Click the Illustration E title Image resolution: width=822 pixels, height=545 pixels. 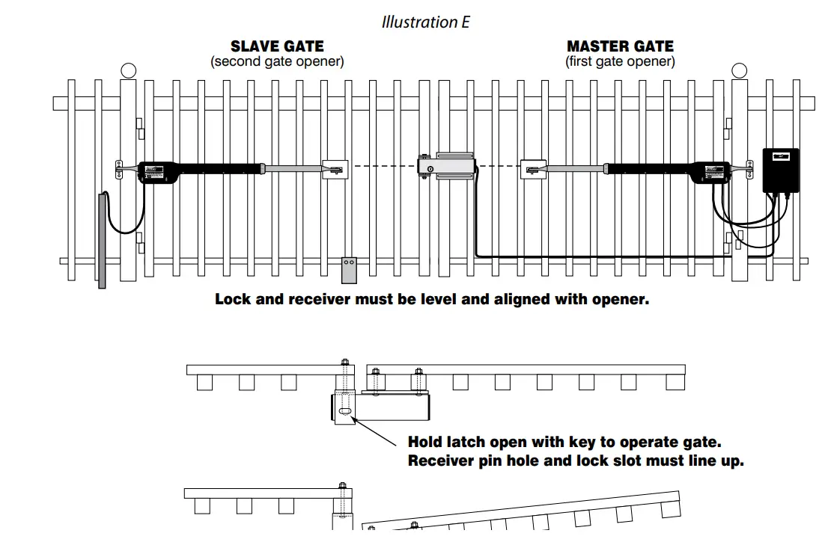425,22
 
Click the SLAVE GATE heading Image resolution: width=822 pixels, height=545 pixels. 277,46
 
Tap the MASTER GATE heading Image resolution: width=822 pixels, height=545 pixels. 620,46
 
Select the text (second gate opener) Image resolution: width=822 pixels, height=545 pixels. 277,61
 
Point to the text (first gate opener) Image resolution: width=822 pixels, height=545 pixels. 620,61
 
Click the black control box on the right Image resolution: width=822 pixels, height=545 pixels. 780,170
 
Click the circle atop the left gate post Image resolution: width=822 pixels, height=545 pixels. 128,70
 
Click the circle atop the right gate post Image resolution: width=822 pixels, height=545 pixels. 739,70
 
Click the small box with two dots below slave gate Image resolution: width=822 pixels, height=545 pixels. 349,269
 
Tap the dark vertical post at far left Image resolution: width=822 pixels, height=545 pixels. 102,239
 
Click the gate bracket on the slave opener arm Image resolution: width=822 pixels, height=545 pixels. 335,169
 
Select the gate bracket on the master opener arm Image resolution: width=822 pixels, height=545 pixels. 534,169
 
